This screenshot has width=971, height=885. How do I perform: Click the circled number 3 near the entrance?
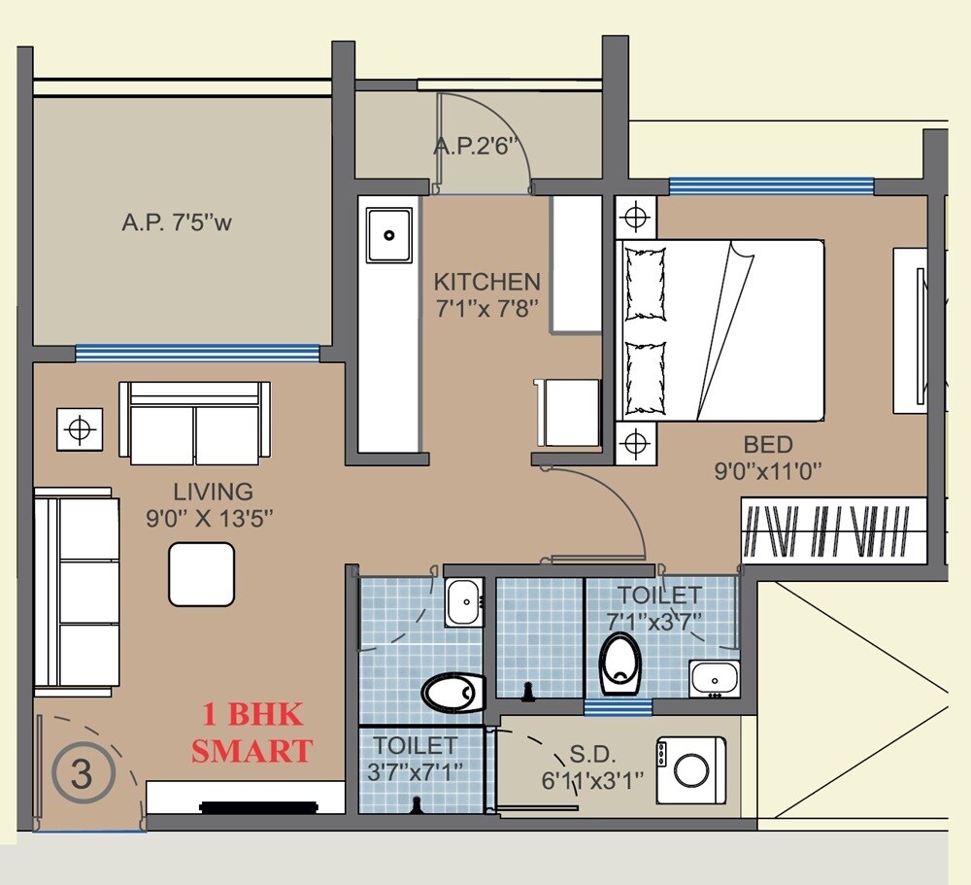83,774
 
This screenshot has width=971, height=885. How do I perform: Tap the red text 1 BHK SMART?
252,733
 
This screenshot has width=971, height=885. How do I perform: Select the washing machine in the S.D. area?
690,769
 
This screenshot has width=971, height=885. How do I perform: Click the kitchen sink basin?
388,234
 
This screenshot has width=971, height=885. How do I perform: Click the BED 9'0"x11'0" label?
768,459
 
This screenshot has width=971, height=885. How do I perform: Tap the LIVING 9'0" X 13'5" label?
214,504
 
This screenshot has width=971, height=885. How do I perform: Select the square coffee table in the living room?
201,574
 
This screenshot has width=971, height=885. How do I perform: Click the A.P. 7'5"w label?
178,222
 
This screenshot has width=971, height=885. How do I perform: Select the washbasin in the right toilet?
715,678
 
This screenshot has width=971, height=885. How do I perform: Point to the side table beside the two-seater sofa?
80,427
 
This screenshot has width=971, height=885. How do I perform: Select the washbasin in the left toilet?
463,601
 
